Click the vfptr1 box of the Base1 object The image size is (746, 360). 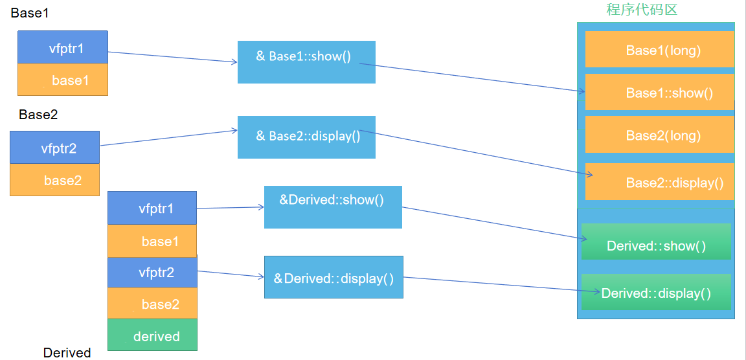[62, 47]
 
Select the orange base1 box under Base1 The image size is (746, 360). [62, 80]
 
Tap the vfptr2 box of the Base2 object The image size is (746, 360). [54, 148]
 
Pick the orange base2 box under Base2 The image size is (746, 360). [54, 180]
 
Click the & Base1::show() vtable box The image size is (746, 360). [306, 62]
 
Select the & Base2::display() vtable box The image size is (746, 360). [306, 137]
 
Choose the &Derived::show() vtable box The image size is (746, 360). [333, 207]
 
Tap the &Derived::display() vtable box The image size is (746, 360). [333, 277]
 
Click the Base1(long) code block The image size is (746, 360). [659, 49]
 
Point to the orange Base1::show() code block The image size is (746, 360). [659, 92]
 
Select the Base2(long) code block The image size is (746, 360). [659, 135]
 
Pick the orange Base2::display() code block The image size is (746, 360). [659, 182]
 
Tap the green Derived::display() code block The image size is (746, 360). [656, 292]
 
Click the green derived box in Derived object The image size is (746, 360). [152, 335]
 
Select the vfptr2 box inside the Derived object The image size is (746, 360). [152, 272]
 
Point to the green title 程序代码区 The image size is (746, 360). [641, 10]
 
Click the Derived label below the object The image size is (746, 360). [67, 353]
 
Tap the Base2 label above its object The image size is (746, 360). [38, 115]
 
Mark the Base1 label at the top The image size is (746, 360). [29, 12]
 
